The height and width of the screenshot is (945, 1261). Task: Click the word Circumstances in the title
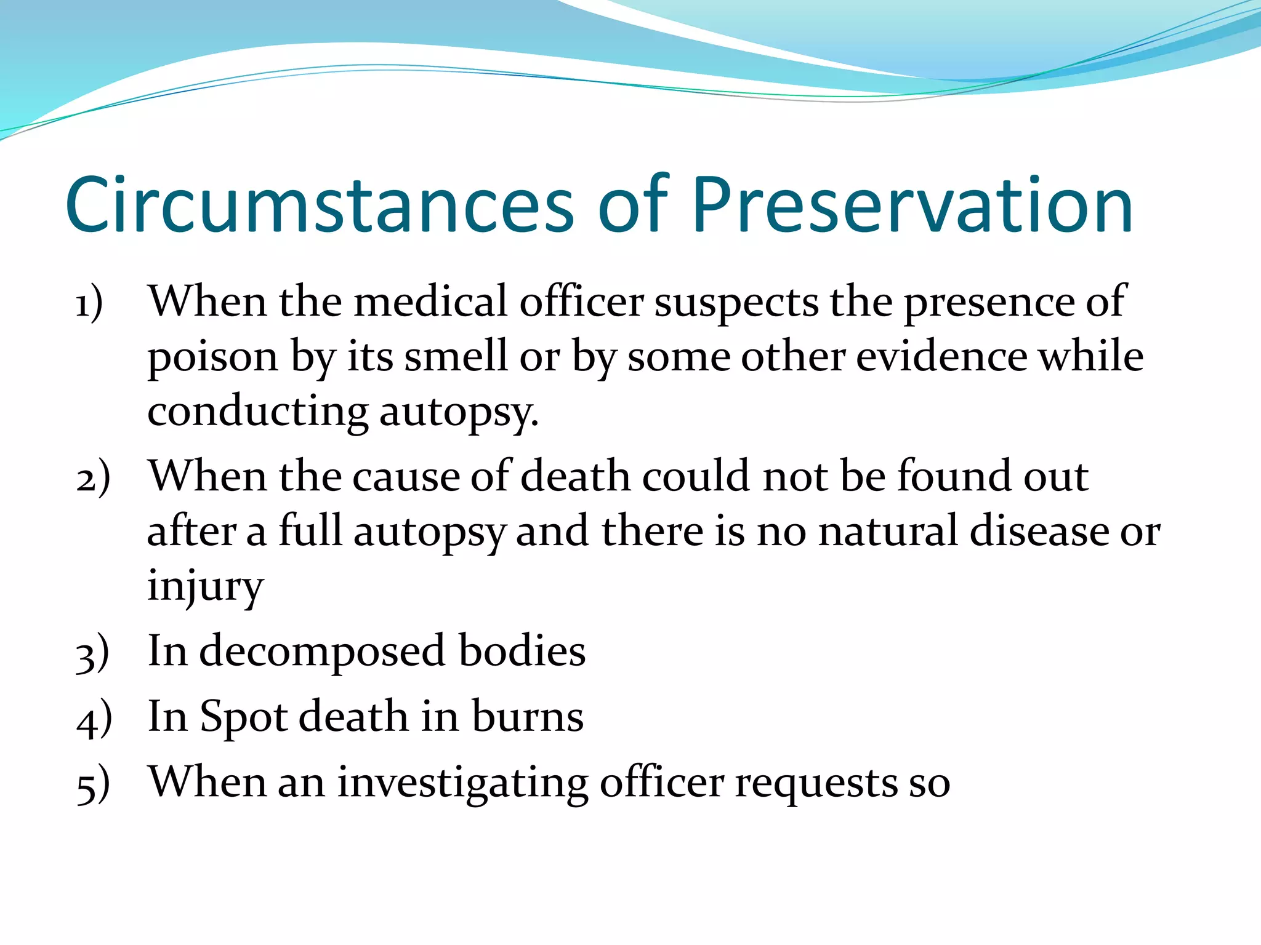click(x=320, y=205)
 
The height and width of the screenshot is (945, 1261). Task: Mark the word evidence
click(x=942, y=357)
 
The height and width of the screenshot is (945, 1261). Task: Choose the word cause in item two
click(x=406, y=477)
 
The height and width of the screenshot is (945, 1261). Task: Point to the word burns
click(x=528, y=717)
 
